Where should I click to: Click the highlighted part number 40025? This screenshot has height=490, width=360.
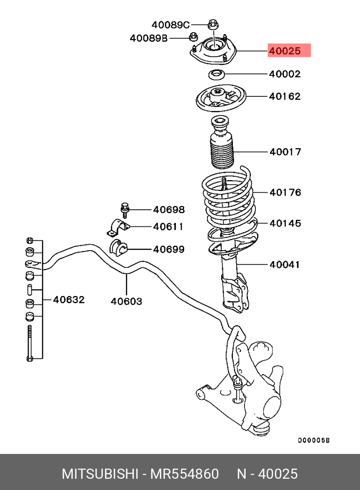click(x=285, y=50)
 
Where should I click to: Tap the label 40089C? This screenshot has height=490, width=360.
click(x=170, y=25)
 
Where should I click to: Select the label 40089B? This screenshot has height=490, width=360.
click(x=149, y=38)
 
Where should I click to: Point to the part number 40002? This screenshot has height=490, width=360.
click(x=285, y=74)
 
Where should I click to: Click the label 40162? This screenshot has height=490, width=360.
click(x=285, y=96)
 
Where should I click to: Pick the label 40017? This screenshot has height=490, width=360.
click(x=285, y=152)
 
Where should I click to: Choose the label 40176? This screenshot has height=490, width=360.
click(x=285, y=192)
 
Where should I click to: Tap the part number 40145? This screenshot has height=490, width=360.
click(x=285, y=223)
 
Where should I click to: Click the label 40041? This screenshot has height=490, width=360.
click(x=285, y=264)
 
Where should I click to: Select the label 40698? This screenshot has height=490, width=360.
click(x=169, y=209)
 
